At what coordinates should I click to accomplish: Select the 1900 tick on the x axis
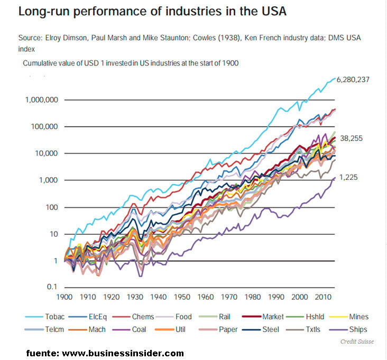coord(64,297)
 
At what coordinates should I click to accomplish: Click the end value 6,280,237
coord(355,80)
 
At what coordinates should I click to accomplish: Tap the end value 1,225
coord(349,178)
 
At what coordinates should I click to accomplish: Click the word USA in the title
coord(271,11)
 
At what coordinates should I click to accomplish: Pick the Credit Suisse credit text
coord(357,341)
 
